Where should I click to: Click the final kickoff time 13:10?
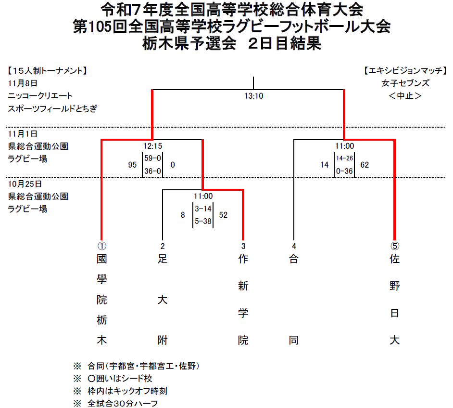pyautogui.click(x=253, y=96)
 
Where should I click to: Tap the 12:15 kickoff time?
pyautogui.click(x=152, y=146)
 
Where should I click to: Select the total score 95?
pyautogui.click(x=132, y=165)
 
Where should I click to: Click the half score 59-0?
pyautogui.click(x=152, y=158)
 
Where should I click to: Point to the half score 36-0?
pyautogui.click(x=152, y=171)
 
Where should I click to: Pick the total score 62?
pyautogui.click(x=365, y=165)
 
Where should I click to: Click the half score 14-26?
pyautogui.click(x=344, y=158)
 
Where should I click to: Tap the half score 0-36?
pyautogui.click(x=344, y=171)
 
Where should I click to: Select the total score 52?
pyautogui.click(x=223, y=215)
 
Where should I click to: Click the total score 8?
pyautogui.click(x=183, y=215)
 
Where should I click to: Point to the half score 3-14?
pyautogui.click(x=203, y=209)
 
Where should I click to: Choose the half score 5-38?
pyautogui.click(x=203, y=221)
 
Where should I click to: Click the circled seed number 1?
pyautogui.click(x=101, y=246)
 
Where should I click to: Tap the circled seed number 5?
pyautogui.click(x=395, y=246)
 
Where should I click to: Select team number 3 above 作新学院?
pyautogui.click(x=243, y=246)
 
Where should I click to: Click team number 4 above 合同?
pyautogui.click(x=294, y=246)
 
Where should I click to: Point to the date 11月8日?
pyautogui.click(x=23, y=83)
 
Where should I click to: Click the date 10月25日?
pyautogui.click(x=25, y=184)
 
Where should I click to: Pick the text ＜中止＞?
pyautogui.click(x=405, y=96)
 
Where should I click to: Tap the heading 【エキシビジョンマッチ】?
pyautogui.click(x=405, y=71)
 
